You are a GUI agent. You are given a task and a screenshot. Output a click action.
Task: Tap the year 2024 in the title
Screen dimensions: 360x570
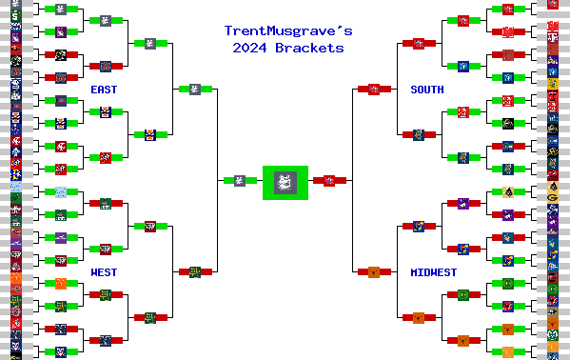pyautogui.click(x=252, y=47)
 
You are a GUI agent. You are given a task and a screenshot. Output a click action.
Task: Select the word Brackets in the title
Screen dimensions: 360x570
pyautogui.click(x=308, y=47)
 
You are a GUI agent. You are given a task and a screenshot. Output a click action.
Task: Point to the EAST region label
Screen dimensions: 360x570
pyautogui.click(x=105, y=90)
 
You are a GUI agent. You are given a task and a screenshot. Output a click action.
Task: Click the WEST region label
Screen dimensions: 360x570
pyautogui.click(x=105, y=272)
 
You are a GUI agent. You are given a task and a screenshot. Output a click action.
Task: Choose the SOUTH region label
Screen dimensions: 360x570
pyautogui.click(x=426, y=90)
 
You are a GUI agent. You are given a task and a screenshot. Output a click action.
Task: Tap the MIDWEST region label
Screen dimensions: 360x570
pyautogui.click(x=433, y=272)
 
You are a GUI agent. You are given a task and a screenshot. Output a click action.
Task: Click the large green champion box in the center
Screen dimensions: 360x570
pyautogui.click(x=285, y=181)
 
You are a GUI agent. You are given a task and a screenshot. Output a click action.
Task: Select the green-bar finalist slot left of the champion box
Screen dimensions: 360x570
pyautogui.click(x=240, y=180)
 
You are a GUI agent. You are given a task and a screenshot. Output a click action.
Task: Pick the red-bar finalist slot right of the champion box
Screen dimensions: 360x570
pyautogui.click(x=329, y=180)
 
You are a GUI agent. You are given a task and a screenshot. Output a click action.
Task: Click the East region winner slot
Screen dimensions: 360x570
pyautogui.click(x=188, y=89)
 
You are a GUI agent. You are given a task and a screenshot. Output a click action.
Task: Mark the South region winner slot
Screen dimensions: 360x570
pyautogui.click(x=374, y=89)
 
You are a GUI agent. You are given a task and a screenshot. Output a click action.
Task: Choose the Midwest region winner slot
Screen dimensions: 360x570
pyautogui.click(x=374, y=271)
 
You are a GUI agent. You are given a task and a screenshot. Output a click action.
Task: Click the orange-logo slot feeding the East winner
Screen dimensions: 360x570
pyautogui.click(x=149, y=134)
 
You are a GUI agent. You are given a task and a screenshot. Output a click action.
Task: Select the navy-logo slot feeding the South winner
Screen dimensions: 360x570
pyautogui.click(x=418, y=134)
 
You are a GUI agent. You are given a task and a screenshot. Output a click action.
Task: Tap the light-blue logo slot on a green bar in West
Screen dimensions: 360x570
pyautogui.click(x=61, y=191)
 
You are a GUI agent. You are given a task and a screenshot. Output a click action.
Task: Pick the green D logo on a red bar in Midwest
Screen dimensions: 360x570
pyautogui.click(x=508, y=283)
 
